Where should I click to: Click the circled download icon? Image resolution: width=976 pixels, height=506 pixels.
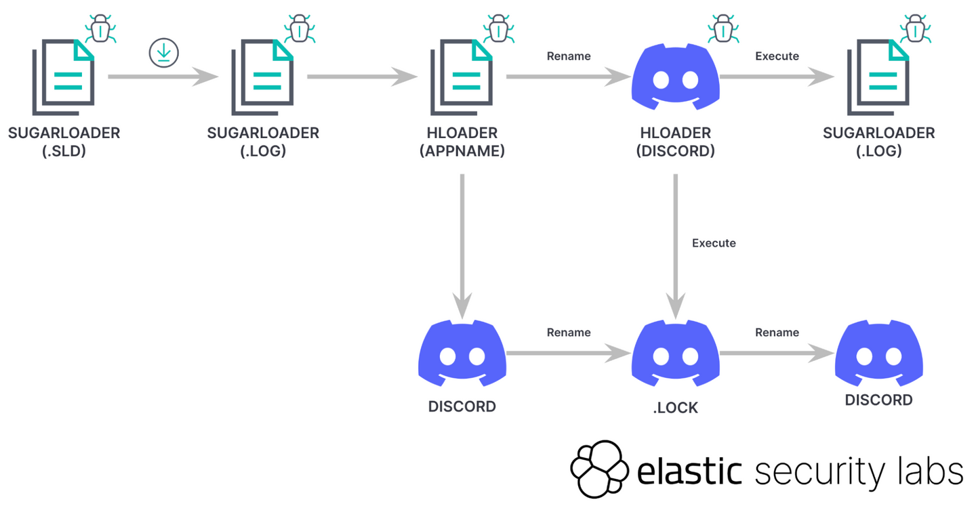click(163, 53)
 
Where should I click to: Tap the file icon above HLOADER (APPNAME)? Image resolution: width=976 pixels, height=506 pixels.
click(462, 77)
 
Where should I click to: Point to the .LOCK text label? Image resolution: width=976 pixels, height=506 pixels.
click(675, 408)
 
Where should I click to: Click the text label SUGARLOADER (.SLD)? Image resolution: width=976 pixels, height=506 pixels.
click(64, 142)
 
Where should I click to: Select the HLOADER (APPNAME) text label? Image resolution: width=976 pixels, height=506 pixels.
click(462, 142)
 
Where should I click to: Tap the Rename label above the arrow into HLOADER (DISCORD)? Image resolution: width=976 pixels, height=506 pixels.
click(569, 56)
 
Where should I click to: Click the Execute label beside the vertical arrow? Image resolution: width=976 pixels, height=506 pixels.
click(714, 243)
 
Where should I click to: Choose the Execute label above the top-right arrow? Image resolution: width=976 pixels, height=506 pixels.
click(777, 56)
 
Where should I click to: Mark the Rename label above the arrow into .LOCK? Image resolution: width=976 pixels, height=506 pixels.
click(569, 333)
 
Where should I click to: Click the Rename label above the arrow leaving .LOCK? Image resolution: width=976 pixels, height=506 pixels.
click(777, 333)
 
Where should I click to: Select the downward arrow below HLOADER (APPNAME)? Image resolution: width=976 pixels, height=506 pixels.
click(462, 244)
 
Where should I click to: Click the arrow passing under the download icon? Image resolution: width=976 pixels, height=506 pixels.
click(163, 77)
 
